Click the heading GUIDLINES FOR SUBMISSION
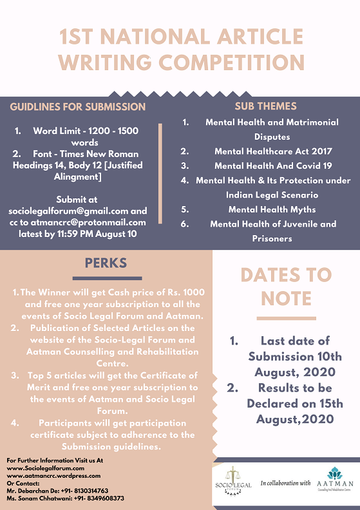tap(78, 107)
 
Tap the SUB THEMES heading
tap(265, 106)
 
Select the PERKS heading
tap(106, 263)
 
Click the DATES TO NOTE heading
tap(286, 286)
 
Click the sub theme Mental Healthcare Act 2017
tap(273, 151)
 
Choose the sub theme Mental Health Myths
tap(273, 209)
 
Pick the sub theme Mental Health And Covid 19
tap(273, 165)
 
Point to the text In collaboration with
tap(285, 482)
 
